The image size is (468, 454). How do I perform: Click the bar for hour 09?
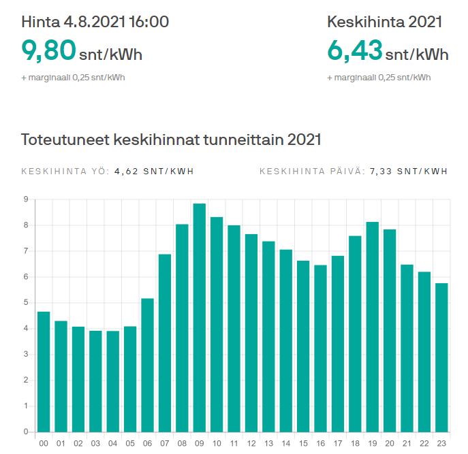[x=200, y=317]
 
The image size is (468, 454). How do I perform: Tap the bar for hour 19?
[x=373, y=327]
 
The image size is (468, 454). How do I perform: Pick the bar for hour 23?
[x=442, y=357]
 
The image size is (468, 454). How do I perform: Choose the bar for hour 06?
[x=147, y=365]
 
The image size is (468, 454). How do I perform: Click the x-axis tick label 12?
[x=251, y=443]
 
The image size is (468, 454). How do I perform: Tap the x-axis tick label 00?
[x=44, y=443]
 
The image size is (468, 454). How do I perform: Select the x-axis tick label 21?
[x=407, y=443]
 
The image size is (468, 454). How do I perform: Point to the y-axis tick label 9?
[x=25, y=199]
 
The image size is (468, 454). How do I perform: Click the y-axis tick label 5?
[x=25, y=303]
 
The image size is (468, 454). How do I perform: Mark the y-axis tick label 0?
[x=25, y=432]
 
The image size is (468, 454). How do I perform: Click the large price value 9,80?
[x=47, y=52]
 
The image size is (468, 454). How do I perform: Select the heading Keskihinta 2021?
[x=385, y=22]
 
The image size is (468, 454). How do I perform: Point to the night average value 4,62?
[x=126, y=171]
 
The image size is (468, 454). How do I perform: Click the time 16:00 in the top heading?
[x=147, y=22]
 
